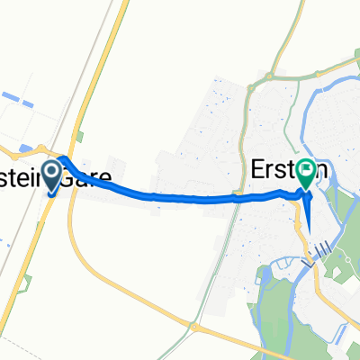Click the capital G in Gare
click(x=69, y=178)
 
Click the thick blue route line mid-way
click(x=180, y=195)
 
